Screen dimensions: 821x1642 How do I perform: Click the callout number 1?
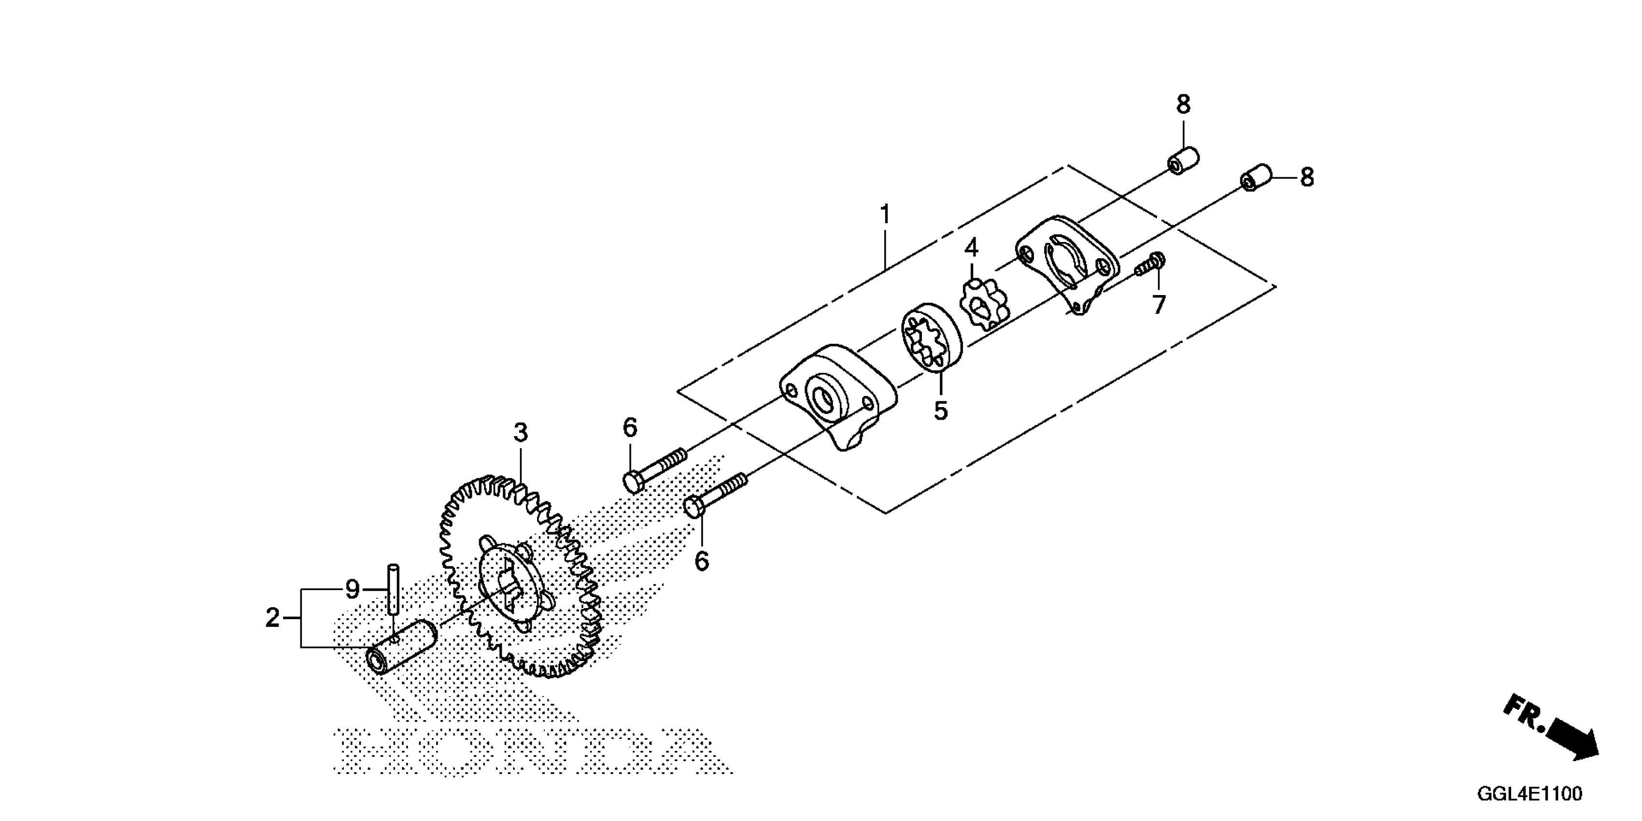pos(885,215)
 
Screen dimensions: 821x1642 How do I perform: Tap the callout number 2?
pos(273,618)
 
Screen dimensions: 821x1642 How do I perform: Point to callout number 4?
pos(971,248)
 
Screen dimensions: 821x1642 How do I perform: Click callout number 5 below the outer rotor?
pos(941,410)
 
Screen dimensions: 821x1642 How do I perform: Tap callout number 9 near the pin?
pos(353,589)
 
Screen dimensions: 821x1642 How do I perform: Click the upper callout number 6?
pos(630,428)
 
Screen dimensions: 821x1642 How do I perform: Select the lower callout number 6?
pos(701,562)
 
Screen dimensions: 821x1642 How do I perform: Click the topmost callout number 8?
pos(1183,104)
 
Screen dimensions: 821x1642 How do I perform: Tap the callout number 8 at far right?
pos(1307,177)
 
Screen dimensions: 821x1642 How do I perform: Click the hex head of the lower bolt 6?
pos(694,508)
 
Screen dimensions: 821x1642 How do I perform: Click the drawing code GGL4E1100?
pos(1529,793)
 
